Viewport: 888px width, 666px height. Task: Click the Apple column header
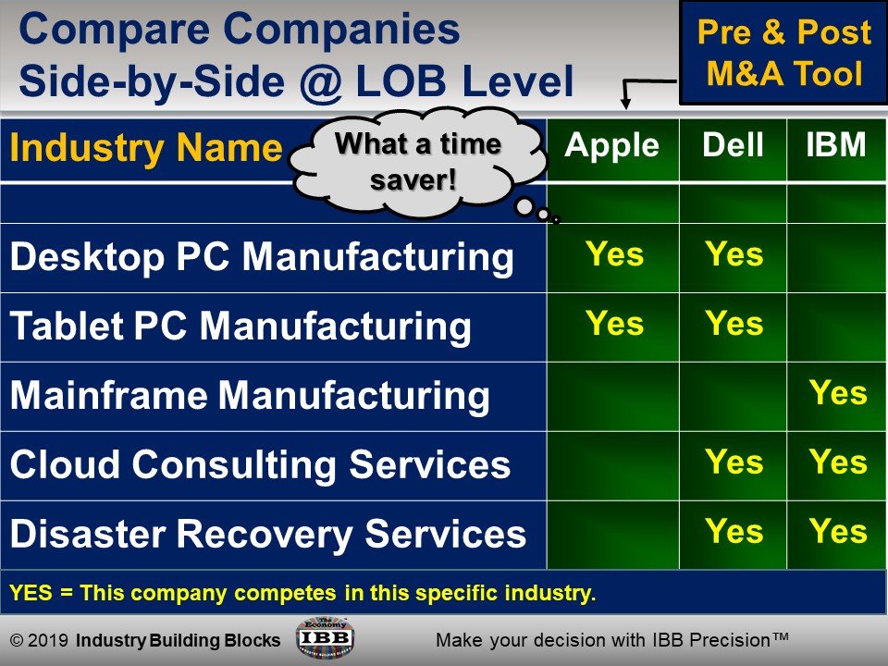point(612,145)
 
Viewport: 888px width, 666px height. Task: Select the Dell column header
point(733,145)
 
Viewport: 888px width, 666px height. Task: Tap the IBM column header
point(836,145)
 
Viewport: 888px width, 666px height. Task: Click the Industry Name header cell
point(146,148)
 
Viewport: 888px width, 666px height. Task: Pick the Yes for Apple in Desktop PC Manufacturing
point(614,254)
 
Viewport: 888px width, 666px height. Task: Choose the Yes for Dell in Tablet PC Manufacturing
point(734,324)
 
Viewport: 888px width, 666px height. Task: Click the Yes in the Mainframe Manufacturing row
point(838,393)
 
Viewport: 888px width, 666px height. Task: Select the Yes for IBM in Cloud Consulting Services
point(838,462)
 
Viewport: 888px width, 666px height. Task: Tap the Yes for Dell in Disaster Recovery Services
point(734,532)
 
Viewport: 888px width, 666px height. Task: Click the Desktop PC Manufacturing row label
point(262,257)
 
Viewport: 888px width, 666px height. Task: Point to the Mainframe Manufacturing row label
point(250,396)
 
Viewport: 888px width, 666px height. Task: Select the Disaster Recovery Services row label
point(268,534)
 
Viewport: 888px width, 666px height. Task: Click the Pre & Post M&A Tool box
point(783,53)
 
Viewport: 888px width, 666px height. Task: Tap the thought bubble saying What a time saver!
point(416,161)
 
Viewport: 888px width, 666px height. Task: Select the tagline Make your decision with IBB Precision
point(611,639)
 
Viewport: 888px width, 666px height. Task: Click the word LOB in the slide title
point(403,81)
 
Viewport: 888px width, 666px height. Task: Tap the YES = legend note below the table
point(302,593)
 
